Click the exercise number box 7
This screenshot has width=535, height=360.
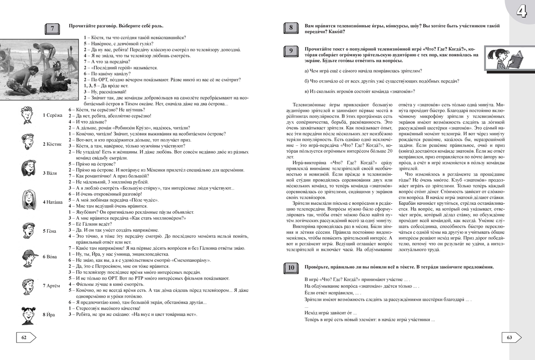(53, 29)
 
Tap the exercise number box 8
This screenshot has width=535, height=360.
(290, 29)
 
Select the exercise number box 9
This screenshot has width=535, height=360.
(290, 52)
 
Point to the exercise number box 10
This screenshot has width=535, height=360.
(290, 268)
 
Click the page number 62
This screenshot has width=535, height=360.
(24, 338)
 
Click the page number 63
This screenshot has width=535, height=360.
(510, 338)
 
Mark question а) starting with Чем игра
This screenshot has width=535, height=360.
(363, 71)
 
